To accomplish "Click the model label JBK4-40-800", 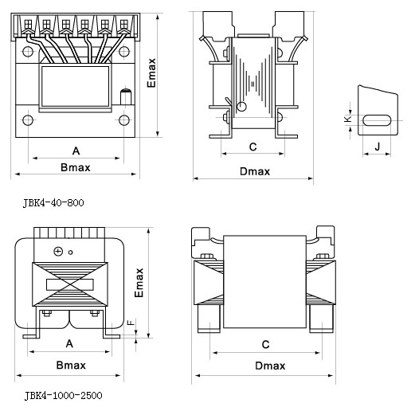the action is pyautogui.click(x=53, y=203).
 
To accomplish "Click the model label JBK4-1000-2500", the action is pyautogui.click(x=63, y=396).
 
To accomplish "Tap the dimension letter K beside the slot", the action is pyautogui.click(x=347, y=119).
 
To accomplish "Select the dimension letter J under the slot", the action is pyautogui.click(x=378, y=146).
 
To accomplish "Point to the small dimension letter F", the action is pyautogui.click(x=131, y=323).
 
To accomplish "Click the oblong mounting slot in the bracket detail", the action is pyautogui.click(x=377, y=120).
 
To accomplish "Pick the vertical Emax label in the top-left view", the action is pyautogui.click(x=151, y=72).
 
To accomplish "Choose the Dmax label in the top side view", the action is pyautogui.click(x=255, y=171).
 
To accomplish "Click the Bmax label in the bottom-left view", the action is pyautogui.click(x=71, y=365).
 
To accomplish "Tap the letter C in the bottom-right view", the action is pyautogui.click(x=265, y=344).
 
